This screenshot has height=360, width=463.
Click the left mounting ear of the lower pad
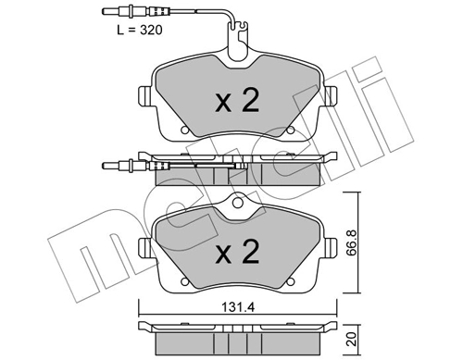(144, 247)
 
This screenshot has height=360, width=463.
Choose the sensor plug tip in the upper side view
(103, 166)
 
